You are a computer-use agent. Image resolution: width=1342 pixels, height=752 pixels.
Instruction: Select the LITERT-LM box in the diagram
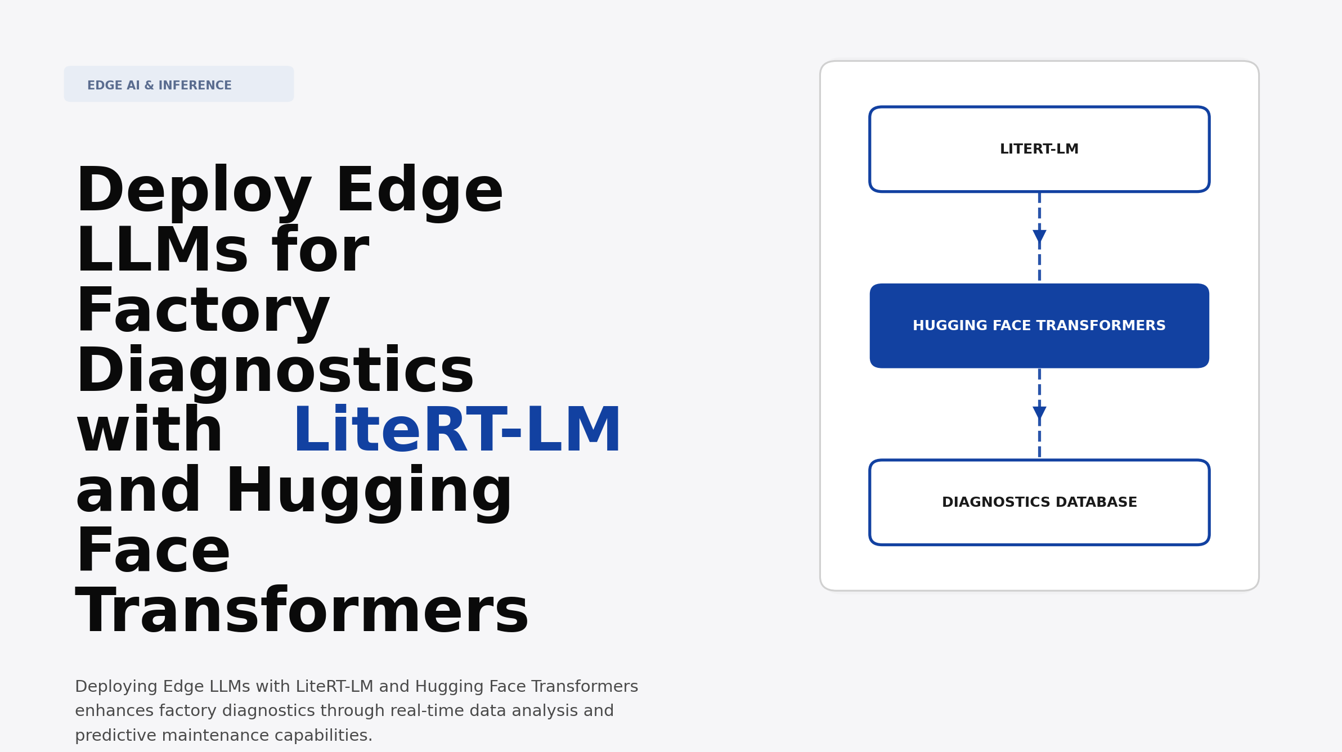1039,149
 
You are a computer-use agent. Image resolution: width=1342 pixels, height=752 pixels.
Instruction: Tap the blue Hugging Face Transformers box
1039,326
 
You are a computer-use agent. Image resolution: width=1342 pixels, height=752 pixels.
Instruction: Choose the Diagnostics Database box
1039,502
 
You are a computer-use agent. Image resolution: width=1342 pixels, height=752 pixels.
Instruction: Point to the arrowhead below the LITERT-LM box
1039,236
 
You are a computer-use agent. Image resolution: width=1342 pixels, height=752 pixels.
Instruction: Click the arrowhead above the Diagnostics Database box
1039,413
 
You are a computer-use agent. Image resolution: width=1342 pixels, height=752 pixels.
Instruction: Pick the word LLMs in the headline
162,251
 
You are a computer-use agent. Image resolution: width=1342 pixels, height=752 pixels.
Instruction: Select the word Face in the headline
153,552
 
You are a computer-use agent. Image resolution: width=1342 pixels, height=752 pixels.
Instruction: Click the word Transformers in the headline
302,612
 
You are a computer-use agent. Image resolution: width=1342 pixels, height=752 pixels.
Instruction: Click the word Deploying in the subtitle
116,687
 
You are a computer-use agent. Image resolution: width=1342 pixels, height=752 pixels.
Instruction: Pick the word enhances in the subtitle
114,711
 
